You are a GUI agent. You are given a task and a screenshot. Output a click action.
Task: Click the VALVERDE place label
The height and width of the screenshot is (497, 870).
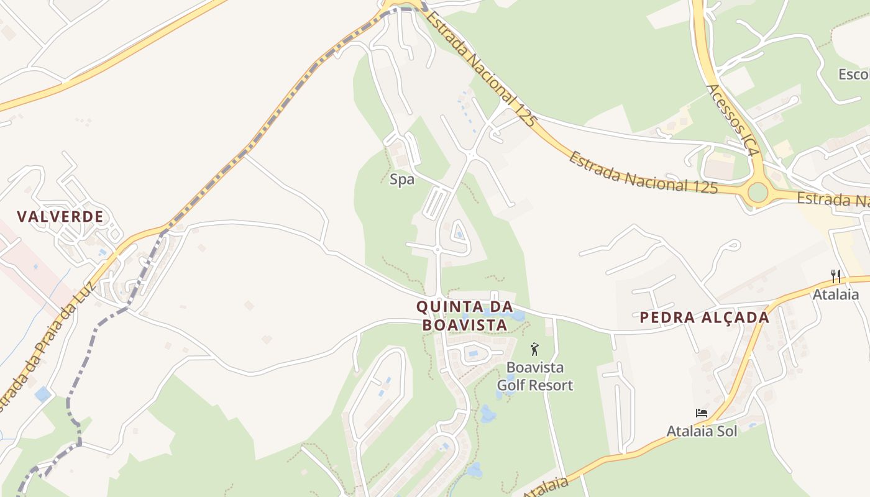click(60, 217)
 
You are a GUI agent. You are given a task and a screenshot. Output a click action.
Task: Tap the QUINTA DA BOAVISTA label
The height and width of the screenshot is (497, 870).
click(464, 315)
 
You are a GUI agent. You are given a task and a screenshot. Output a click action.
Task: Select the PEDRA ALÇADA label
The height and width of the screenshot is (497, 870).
click(705, 317)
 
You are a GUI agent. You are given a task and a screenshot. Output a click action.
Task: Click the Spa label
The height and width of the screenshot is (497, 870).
click(401, 180)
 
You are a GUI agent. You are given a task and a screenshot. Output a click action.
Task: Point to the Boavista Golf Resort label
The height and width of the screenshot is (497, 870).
click(535, 376)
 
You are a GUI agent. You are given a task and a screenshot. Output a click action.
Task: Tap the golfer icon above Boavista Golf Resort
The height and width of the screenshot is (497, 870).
click(534, 349)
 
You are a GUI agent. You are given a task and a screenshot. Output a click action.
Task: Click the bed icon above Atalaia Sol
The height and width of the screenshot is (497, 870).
click(702, 413)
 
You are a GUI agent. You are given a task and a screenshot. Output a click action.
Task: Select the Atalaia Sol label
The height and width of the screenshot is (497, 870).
click(702, 431)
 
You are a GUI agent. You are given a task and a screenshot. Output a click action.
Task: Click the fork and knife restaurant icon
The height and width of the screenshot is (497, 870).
click(836, 276)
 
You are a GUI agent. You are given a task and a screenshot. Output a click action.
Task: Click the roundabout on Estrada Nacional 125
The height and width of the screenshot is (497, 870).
click(758, 193)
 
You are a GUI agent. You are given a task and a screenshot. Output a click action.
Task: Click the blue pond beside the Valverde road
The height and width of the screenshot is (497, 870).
click(43, 394)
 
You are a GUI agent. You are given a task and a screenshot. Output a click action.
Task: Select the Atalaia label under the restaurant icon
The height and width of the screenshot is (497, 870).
click(836, 294)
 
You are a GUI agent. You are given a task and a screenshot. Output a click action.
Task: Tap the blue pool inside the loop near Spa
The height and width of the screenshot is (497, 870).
click(459, 234)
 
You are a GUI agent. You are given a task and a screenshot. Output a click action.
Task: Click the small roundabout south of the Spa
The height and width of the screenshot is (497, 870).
click(437, 250)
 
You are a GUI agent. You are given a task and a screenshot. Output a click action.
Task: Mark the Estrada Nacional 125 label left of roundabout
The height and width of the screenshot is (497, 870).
click(643, 172)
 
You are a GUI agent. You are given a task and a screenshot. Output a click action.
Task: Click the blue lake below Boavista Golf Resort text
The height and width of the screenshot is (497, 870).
click(487, 413)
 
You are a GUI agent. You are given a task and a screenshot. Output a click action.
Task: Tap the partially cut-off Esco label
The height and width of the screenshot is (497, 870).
click(853, 75)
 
